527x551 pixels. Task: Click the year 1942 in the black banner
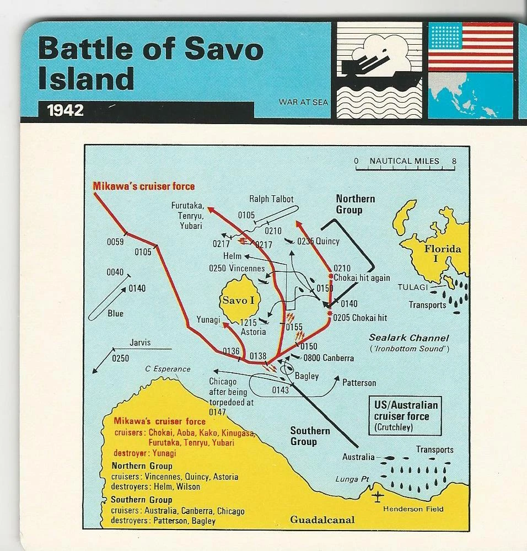(66, 110)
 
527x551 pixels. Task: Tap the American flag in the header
(470, 46)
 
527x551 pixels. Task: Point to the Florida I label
(442, 254)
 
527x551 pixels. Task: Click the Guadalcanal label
(322, 520)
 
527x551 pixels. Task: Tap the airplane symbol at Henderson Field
(378, 496)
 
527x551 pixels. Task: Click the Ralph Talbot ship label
(271, 199)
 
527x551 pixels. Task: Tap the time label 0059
(115, 242)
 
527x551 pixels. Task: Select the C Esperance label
(168, 369)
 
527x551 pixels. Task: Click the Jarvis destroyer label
(139, 343)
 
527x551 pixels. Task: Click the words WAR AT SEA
(303, 102)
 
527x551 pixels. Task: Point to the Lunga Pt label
(352, 479)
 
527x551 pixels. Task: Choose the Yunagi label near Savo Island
(208, 320)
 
